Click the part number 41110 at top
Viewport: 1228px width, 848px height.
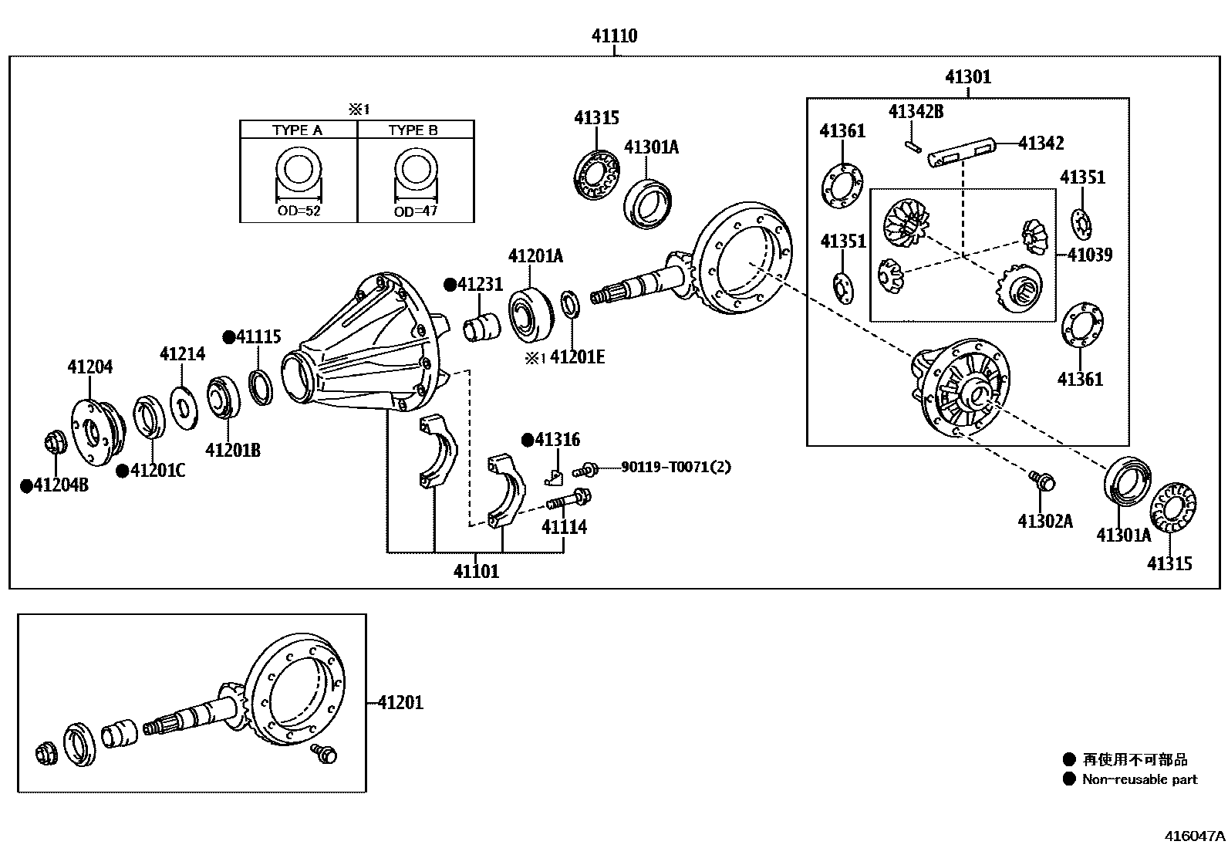click(x=614, y=35)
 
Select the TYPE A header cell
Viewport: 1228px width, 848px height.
click(x=297, y=130)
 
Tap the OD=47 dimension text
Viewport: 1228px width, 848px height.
click(x=415, y=211)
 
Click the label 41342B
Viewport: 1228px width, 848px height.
click(x=916, y=112)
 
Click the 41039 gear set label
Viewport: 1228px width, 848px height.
click(x=1090, y=255)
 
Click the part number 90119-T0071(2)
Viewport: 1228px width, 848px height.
click(x=675, y=467)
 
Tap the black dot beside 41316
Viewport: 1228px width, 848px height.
click(x=528, y=440)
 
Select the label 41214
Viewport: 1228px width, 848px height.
click(x=182, y=354)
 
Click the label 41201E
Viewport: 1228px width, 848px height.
click(x=577, y=356)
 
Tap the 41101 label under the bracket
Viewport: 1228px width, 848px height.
click(x=476, y=572)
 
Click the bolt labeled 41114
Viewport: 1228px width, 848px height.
click(x=568, y=500)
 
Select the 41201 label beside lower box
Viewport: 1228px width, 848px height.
click(x=400, y=703)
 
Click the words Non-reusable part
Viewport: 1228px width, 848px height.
click(x=1139, y=779)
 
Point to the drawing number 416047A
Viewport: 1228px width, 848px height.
click(x=1194, y=836)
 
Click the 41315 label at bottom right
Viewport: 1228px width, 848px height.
click(x=1169, y=564)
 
